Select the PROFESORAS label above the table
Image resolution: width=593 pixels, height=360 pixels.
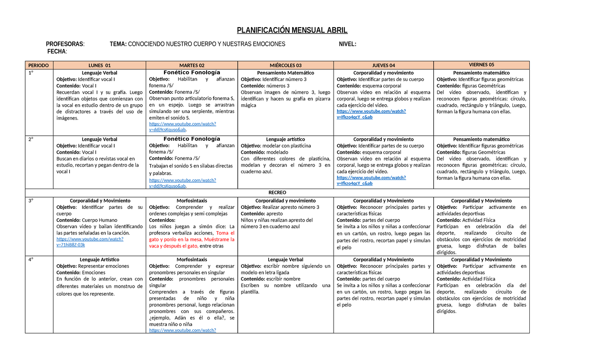tap(65, 44)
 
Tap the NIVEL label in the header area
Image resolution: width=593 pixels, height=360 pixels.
tap(347, 44)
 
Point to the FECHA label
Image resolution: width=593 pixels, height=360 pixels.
tap(57, 51)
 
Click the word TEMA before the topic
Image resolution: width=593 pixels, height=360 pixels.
tap(118, 44)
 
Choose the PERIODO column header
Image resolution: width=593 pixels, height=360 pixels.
tap(39, 65)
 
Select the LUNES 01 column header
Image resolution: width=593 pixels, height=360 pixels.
tap(99, 65)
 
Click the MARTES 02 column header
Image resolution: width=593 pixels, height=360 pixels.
tap(192, 65)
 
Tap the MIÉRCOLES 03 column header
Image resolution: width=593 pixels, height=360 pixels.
tap(286, 65)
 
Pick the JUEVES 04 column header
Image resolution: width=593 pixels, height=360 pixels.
tap(383, 65)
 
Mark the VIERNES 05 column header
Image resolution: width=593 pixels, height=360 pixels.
tap(481, 65)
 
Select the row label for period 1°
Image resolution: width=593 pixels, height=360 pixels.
tap(31, 73)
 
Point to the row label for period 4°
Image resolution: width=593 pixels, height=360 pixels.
tap(31, 259)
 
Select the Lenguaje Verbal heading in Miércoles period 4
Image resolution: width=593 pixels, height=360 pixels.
tap(286, 259)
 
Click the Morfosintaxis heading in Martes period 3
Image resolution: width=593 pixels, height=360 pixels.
tap(192, 201)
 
